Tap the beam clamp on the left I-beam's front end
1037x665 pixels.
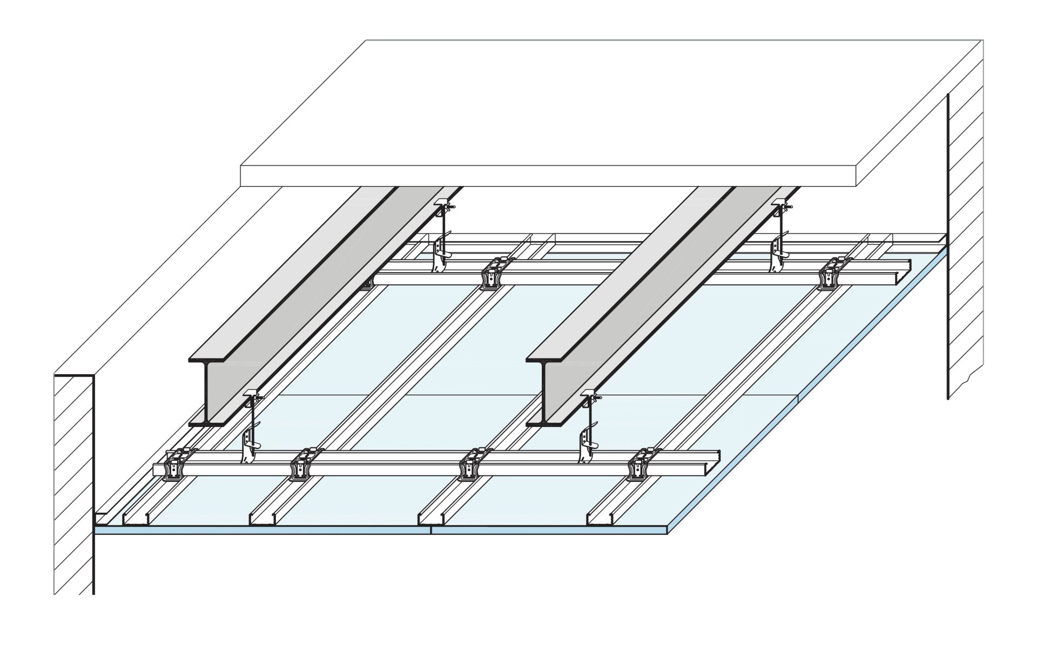(252, 398)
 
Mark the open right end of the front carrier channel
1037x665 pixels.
(714, 469)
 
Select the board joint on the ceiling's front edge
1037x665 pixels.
(431, 530)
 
